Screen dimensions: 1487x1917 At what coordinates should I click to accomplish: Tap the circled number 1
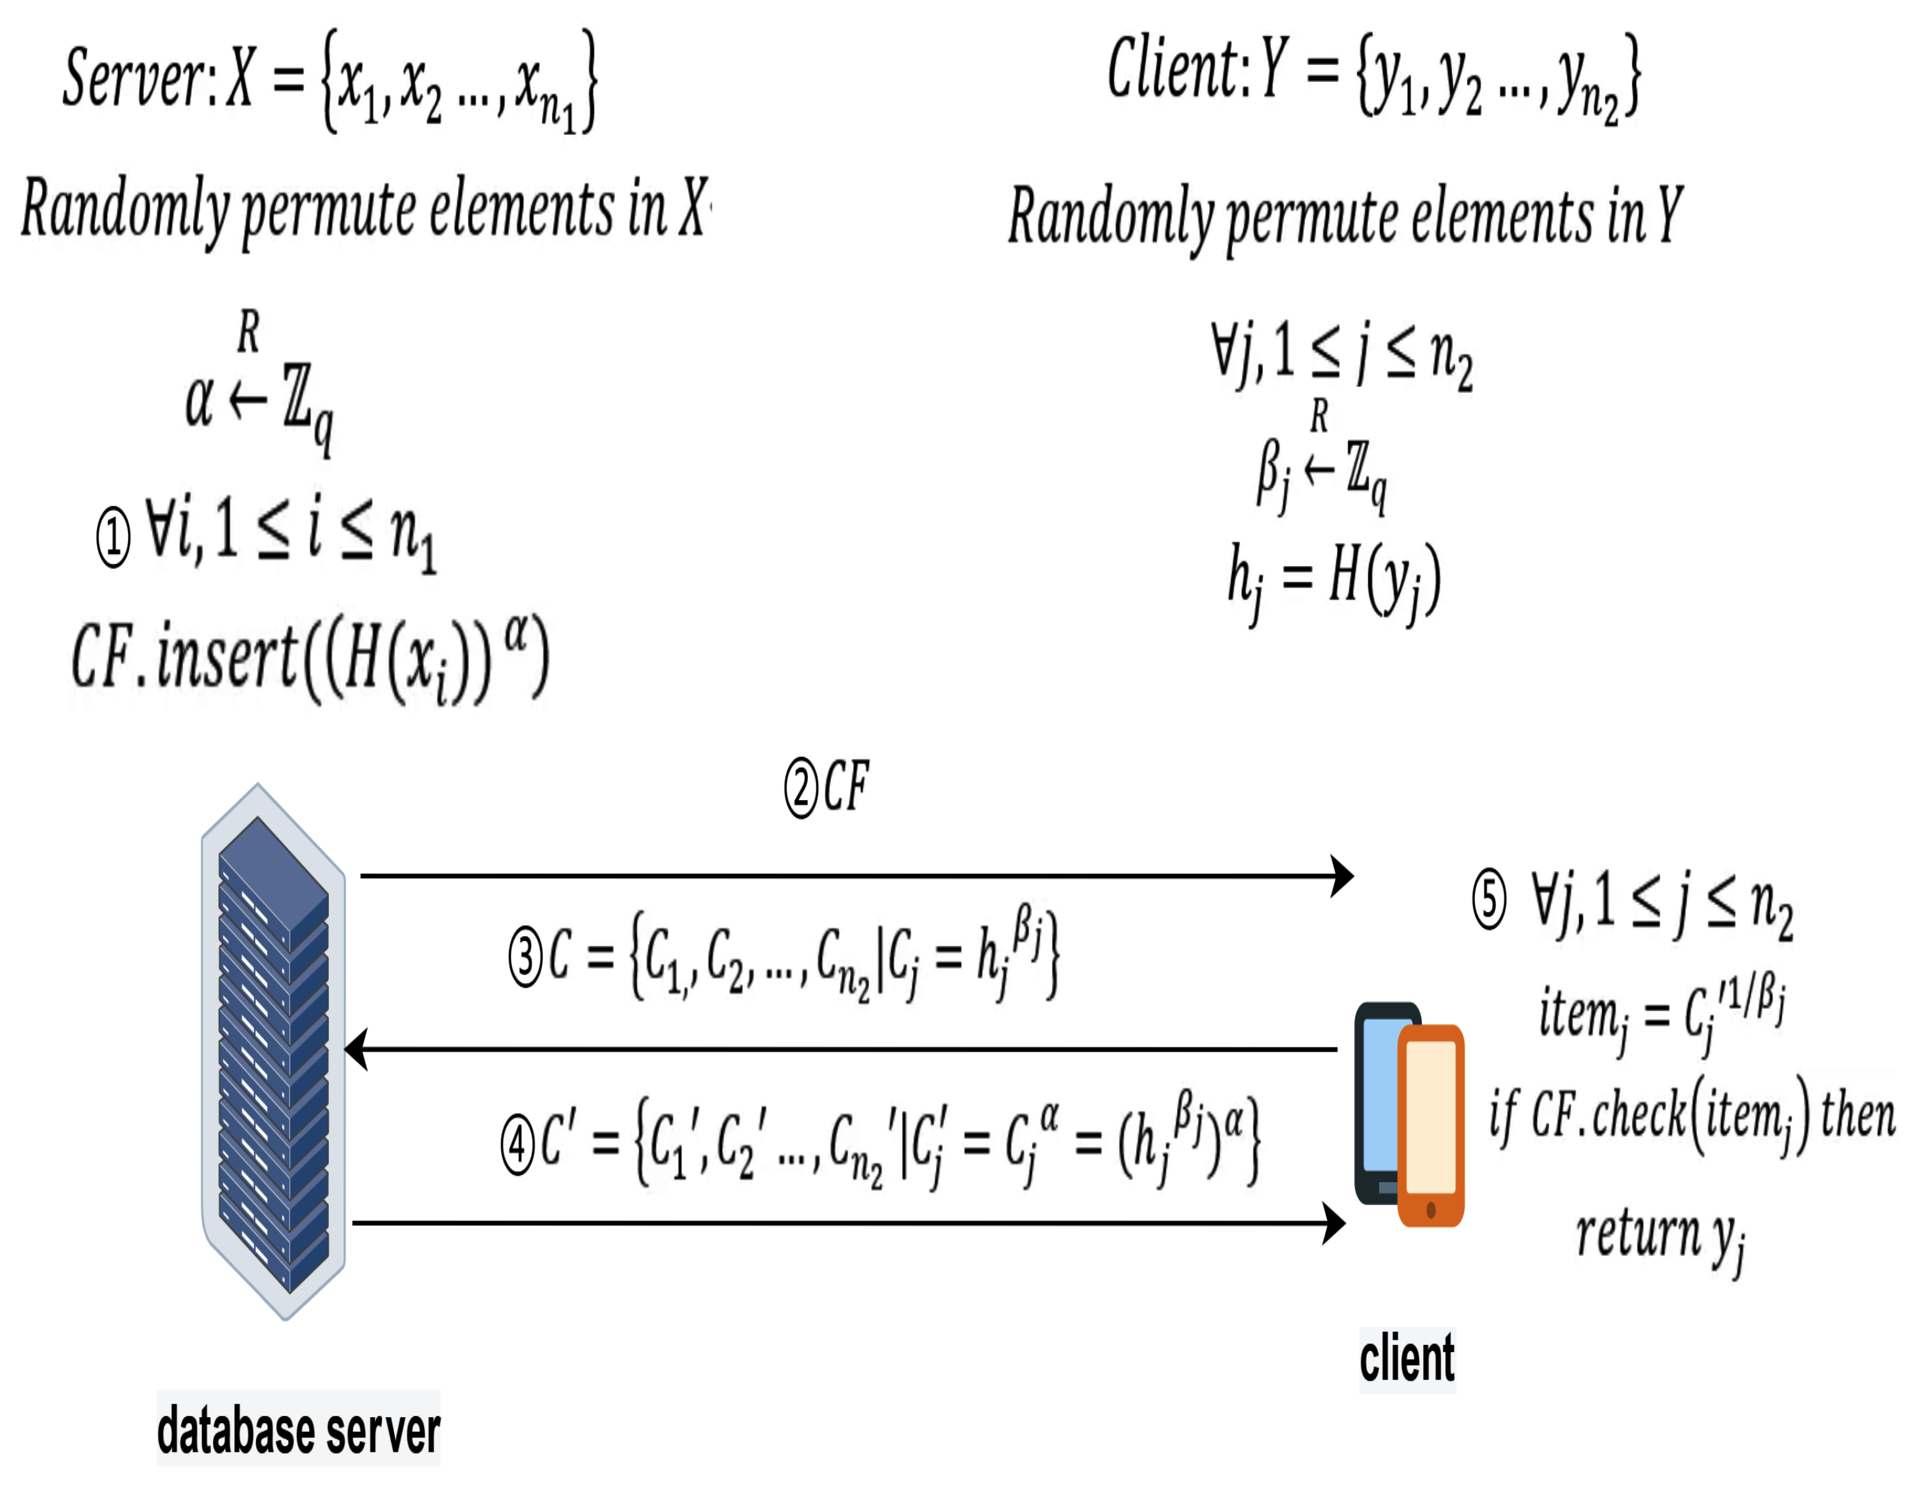click(x=113, y=536)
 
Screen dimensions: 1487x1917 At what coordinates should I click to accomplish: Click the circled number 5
click(x=1490, y=899)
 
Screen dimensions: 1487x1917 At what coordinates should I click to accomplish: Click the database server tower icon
click(x=273, y=1050)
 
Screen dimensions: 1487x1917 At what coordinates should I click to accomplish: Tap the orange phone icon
click(x=1430, y=1125)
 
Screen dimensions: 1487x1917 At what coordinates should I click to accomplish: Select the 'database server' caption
click(x=299, y=1431)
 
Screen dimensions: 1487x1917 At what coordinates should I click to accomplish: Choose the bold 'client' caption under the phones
click(x=1407, y=1359)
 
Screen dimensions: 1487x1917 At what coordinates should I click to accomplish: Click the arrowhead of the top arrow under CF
click(x=1342, y=876)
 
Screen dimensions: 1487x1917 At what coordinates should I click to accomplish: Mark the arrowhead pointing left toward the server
click(x=356, y=1049)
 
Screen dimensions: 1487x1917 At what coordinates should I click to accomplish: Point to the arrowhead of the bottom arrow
click(x=1334, y=1224)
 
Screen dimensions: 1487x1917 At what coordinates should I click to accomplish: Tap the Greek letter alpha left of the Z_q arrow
click(x=199, y=402)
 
